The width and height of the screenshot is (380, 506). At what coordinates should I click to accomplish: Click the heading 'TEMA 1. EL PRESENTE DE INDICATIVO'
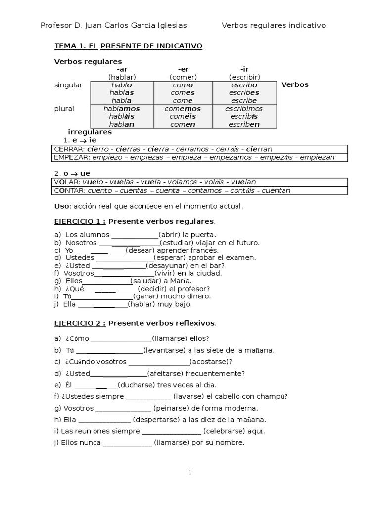(128, 46)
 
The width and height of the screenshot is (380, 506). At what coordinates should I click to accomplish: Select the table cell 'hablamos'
(122, 108)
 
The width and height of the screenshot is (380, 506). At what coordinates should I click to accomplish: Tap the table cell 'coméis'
(183, 116)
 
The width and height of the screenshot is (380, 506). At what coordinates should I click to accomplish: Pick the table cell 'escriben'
(244, 124)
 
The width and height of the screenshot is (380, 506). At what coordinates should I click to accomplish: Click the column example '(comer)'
(183, 77)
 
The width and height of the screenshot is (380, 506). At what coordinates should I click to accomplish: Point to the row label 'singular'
(68, 85)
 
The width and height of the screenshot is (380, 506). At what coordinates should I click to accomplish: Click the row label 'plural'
(64, 108)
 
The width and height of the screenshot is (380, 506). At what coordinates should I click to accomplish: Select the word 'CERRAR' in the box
(67, 149)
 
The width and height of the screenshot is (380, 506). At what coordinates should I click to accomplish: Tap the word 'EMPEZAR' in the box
(70, 157)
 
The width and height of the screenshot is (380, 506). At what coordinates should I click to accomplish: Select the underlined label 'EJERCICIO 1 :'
(80, 221)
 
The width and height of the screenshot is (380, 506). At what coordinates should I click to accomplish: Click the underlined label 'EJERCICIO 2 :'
(80, 323)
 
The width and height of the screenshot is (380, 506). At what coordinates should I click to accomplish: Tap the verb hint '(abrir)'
(169, 235)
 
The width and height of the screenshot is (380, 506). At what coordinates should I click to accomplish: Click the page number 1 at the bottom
(190, 473)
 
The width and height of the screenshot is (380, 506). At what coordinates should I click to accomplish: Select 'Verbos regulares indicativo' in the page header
(274, 25)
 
